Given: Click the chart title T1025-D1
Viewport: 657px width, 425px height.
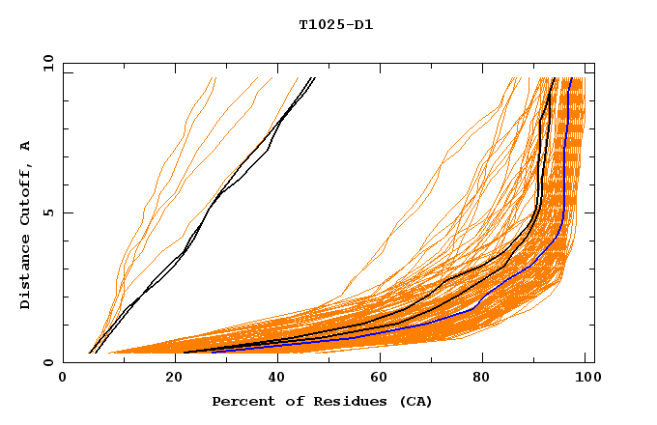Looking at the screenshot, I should pos(335,24).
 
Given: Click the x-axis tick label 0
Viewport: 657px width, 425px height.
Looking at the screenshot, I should pos(64,380).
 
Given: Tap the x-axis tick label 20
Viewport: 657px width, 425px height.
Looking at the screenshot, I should pos(168,380).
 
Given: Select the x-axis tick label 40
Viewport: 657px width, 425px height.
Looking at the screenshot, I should pos(272,380).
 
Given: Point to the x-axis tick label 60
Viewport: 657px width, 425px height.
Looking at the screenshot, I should pos(377,380).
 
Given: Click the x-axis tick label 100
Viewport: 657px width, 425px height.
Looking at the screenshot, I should pos(586,380).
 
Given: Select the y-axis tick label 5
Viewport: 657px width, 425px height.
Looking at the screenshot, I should pos(51,212).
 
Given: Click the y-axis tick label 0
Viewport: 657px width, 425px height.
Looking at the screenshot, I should pos(51,362).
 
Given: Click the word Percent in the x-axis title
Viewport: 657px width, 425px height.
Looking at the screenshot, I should pos(242,401).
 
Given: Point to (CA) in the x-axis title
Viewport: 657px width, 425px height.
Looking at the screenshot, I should pos(413,401).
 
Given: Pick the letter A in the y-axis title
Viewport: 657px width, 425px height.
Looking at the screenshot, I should pos(25,145).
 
